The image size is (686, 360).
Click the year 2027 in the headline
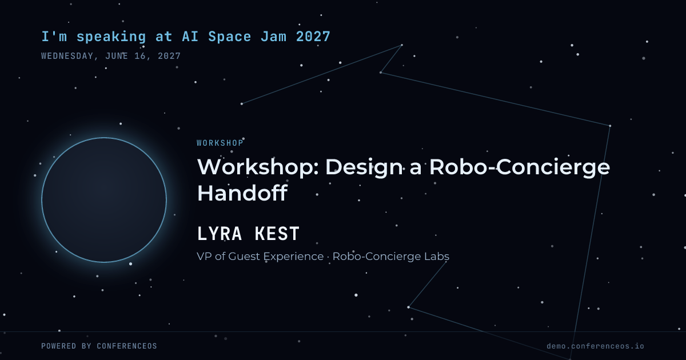(313, 37)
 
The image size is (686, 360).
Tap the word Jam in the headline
(274, 37)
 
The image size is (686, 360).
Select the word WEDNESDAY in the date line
(67, 56)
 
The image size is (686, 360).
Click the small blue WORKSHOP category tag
(220, 143)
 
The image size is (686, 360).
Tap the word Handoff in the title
(242, 193)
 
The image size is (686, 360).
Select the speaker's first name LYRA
(220, 234)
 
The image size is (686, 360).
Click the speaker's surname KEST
(277, 234)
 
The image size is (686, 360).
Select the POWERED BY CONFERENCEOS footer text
(99, 346)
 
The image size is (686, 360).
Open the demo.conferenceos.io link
(595, 346)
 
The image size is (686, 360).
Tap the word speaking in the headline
(111, 37)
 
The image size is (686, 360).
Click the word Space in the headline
(230, 37)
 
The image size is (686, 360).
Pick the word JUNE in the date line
(117, 56)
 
